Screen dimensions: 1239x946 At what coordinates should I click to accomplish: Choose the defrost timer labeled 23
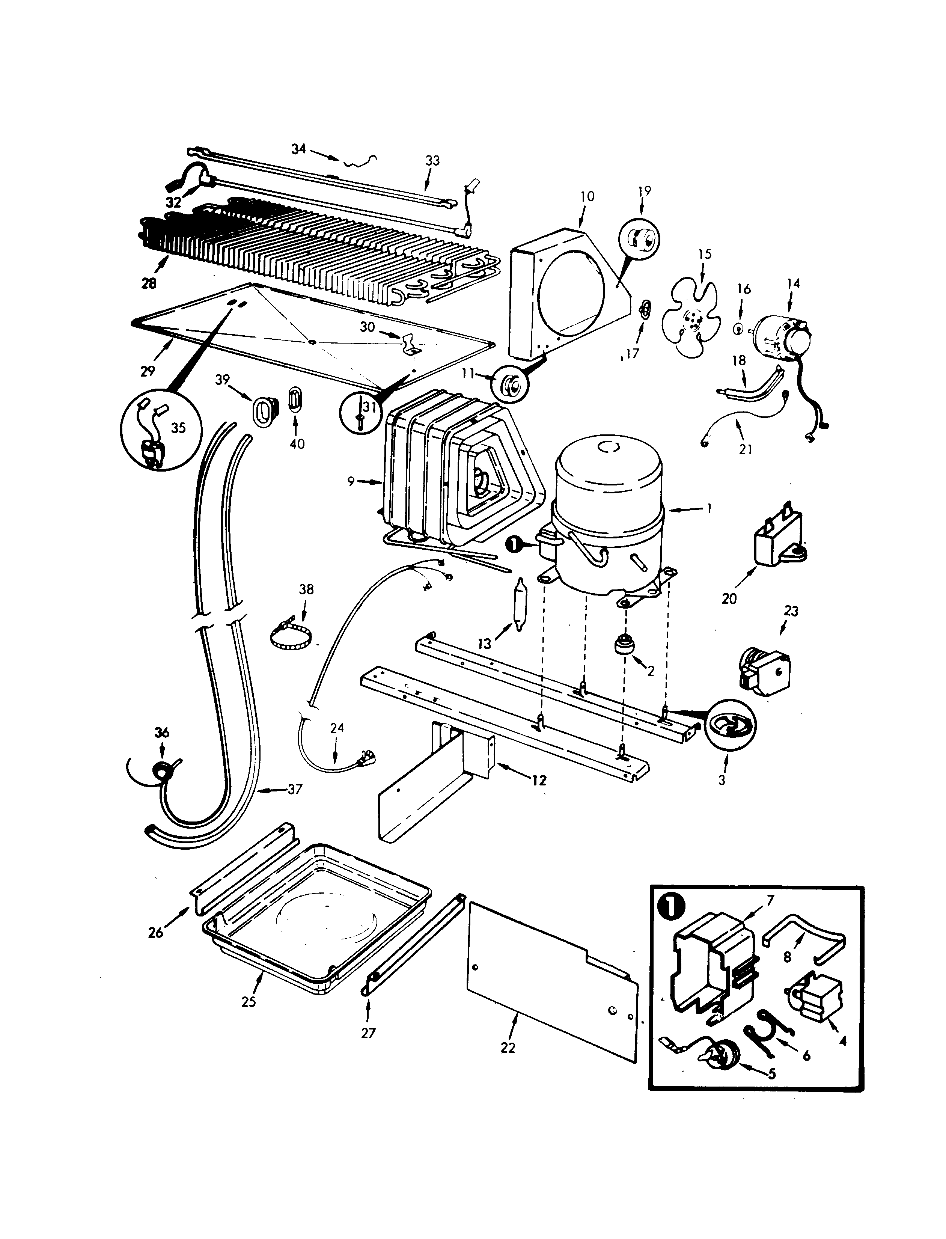(765, 674)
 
